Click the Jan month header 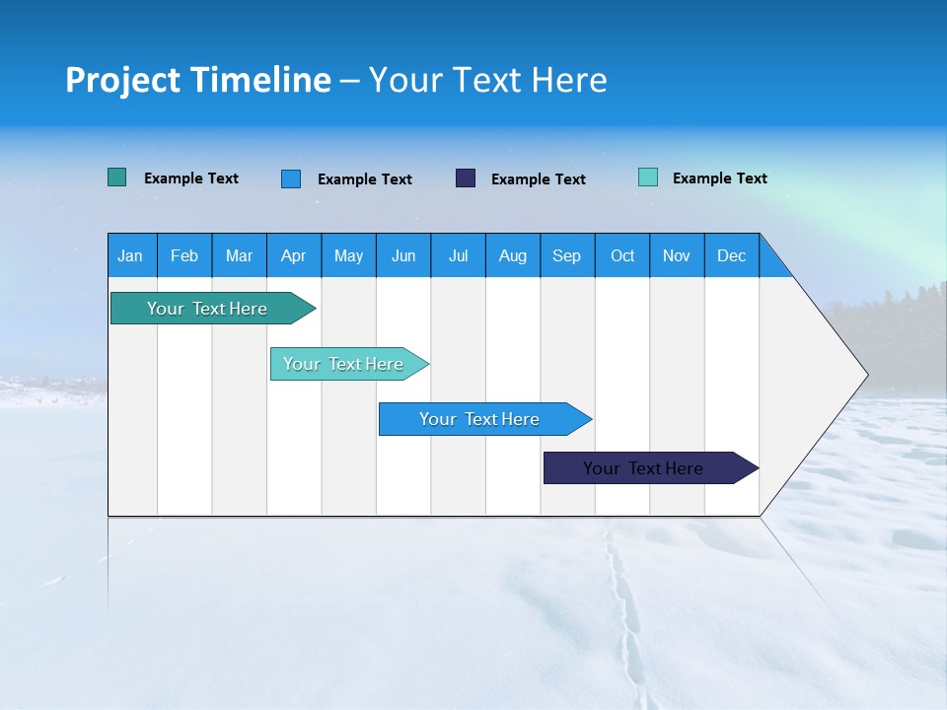pyautogui.click(x=131, y=255)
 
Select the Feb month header pyautogui.click(x=184, y=255)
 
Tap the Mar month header pyautogui.click(x=239, y=255)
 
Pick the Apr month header pyautogui.click(x=294, y=255)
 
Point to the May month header pyautogui.click(x=348, y=255)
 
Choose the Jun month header pyautogui.click(x=403, y=255)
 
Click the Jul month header pyautogui.click(x=458, y=255)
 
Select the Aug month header pyautogui.click(x=513, y=255)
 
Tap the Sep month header pyautogui.click(x=567, y=255)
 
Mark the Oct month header pyautogui.click(x=622, y=255)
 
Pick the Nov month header pyautogui.click(x=677, y=255)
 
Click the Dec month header pyautogui.click(x=732, y=255)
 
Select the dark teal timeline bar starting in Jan pyautogui.click(x=208, y=309)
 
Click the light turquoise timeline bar pyautogui.click(x=344, y=364)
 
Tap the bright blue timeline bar pyautogui.click(x=480, y=419)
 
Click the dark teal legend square pyautogui.click(x=117, y=177)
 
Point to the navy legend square pyautogui.click(x=466, y=177)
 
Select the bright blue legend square pyautogui.click(x=291, y=178)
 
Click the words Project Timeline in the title pyautogui.click(x=198, y=80)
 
